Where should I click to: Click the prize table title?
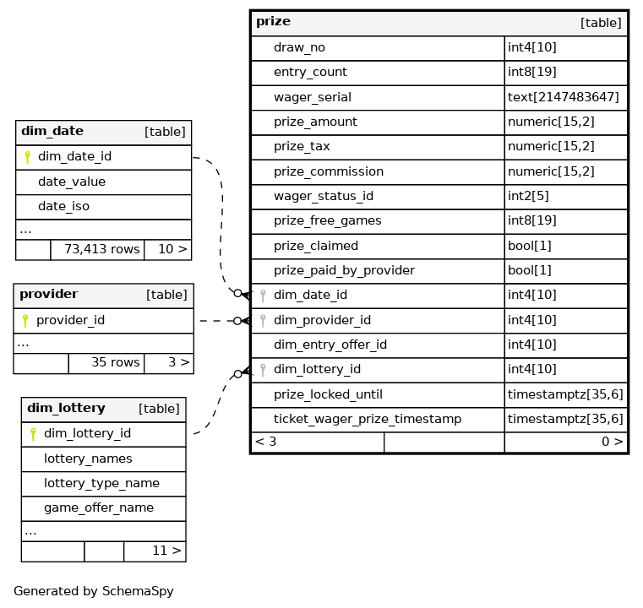[273, 21]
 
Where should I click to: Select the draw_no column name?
[299, 47]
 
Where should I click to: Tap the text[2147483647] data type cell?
[563, 97]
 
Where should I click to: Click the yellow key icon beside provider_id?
[25, 320]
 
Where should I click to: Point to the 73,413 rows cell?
[102, 249]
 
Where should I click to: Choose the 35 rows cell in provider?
[115, 362]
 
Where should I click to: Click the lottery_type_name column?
[101, 484]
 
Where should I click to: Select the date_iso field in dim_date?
[63, 207]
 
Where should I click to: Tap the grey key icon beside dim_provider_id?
[264, 320]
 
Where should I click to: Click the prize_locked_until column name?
[328, 394]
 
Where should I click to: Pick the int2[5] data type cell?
[528, 196]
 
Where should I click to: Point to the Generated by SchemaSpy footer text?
[94, 591]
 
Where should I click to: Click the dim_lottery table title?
[66, 408]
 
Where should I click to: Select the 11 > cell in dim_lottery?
[167, 551]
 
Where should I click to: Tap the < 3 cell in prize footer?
[265, 442]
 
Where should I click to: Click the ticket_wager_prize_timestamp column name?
[368, 419]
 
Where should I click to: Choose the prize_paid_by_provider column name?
[345, 270]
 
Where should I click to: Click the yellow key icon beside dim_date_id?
[28, 157]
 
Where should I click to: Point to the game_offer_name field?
[99, 508]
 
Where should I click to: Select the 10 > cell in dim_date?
[172, 249]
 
